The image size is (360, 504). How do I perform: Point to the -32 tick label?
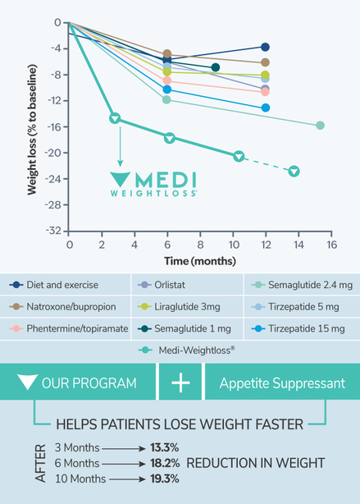pyautogui.click(x=52, y=231)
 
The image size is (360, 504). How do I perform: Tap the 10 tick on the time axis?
pyautogui.click(x=232, y=245)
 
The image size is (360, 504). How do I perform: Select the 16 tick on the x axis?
pyautogui.click(x=331, y=245)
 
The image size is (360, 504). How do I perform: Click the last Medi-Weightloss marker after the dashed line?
pyautogui.click(x=294, y=171)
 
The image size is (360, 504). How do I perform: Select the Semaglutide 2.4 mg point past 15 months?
pyautogui.click(x=320, y=125)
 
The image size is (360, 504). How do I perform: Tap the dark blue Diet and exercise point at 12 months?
pyautogui.click(x=265, y=48)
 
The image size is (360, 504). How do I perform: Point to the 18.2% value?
pyautogui.click(x=166, y=463)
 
